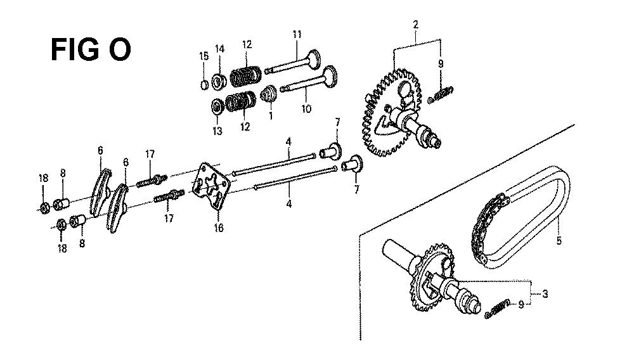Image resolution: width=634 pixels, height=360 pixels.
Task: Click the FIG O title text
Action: click(91, 50)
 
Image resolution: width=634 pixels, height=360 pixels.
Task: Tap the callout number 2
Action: click(416, 24)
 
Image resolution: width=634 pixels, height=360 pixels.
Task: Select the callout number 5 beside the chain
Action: click(559, 240)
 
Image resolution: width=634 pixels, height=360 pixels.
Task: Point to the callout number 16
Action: click(218, 228)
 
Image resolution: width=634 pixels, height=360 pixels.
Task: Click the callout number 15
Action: click(204, 56)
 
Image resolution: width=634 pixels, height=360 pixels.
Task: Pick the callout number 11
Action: click(297, 34)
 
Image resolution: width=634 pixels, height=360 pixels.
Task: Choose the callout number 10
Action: click(306, 108)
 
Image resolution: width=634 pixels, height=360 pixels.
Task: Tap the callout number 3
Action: click(545, 293)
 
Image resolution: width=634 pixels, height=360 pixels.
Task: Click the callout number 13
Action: click(217, 131)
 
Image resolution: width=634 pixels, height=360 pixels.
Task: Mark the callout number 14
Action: click(219, 49)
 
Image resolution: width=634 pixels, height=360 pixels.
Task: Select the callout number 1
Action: click(271, 116)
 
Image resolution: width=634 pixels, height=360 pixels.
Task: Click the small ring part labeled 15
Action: click(205, 85)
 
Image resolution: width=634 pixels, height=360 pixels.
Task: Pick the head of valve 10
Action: click(330, 75)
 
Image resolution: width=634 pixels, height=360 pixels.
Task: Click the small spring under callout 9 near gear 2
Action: click(441, 95)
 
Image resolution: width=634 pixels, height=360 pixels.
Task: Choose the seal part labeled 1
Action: click(268, 94)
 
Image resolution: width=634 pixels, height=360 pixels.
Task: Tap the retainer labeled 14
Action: click(219, 82)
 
